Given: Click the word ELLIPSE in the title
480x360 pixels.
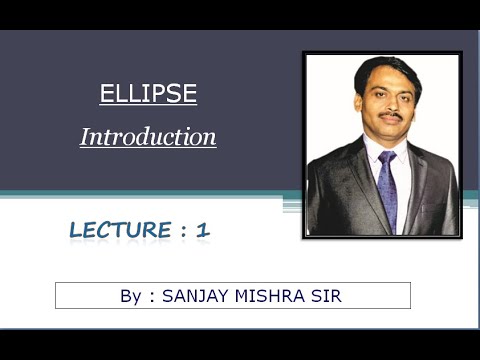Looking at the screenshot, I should [x=148, y=96].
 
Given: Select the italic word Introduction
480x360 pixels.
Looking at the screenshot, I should [x=148, y=137].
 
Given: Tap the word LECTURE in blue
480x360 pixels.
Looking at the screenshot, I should [x=120, y=231].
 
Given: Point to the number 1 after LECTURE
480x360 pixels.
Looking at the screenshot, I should [x=203, y=231].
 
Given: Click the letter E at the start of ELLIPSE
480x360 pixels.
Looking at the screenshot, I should [x=105, y=96].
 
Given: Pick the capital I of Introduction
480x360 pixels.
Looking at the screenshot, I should [x=85, y=137].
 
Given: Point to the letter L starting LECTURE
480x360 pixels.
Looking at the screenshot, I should [x=76, y=231].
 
